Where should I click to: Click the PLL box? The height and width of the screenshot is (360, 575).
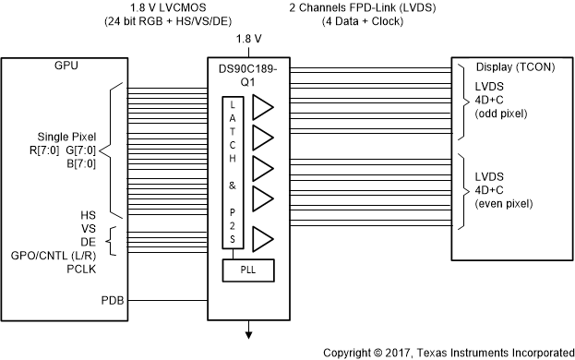click(x=248, y=270)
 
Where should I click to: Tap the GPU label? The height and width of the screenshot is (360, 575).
click(x=66, y=66)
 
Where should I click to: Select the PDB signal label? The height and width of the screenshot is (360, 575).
click(x=113, y=301)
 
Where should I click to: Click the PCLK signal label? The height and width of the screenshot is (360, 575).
click(x=81, y=270)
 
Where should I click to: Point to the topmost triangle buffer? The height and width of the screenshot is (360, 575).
click(x=263, y=107)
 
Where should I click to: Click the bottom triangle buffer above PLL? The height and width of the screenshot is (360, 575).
click(x=263, y=239)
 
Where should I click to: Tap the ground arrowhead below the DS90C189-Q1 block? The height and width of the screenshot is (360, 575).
click(x=248, y=335)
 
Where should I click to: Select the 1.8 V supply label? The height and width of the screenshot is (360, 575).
click(x=248, y=39)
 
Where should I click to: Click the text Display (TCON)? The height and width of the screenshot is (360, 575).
click(x=515, y=67)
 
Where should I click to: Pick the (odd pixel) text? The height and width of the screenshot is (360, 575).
click(x=501, y=114)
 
